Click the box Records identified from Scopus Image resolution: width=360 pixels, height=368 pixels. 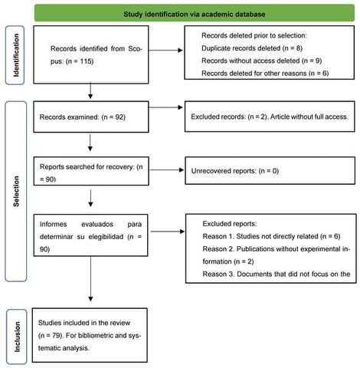pyautogui.click(x=91, y=51)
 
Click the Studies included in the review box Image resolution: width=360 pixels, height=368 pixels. pyautogui.click(x=91, y=333)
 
